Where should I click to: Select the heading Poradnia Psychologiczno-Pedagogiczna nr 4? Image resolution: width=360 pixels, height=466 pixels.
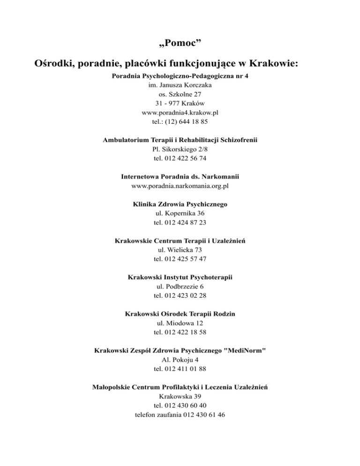180,76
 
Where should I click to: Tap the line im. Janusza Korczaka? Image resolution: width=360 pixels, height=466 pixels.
180,85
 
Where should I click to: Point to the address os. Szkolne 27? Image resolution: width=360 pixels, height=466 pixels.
180,94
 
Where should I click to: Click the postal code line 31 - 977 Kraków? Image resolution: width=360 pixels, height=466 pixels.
180,103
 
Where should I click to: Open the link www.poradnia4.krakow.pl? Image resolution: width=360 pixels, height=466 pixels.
180,113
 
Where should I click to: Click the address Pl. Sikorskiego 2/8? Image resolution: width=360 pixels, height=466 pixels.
180,149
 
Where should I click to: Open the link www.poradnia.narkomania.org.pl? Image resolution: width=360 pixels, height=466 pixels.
180,186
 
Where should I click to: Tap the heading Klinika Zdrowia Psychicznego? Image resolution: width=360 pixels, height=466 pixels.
180,204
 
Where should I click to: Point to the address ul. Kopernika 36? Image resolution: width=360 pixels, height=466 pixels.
180,213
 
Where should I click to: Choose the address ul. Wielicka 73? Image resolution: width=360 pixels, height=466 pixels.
180,249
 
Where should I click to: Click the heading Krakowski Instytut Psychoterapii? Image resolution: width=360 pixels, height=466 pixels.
180,277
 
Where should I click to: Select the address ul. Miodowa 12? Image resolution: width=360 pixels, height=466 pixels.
180,323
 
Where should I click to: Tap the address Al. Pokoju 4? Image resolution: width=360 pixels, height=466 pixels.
180,360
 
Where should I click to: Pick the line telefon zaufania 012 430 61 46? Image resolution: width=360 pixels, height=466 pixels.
180,414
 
